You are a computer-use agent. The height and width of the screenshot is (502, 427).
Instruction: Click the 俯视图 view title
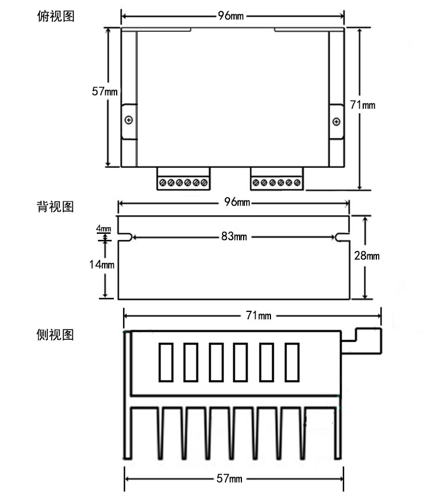(x=55, y=16)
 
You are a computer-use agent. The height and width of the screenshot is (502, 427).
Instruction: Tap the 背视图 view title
(x=55, y=206)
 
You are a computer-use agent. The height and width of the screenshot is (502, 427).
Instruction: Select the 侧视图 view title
(x=55, y=335)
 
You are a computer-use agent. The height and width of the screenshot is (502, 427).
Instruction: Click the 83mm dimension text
(x=233, y=237)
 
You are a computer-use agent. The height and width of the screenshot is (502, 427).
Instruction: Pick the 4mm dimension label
(x=104, y=229)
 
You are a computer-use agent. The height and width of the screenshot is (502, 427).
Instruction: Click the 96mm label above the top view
(x=231, y=16)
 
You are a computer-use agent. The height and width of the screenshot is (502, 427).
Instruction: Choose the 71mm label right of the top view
(x=362, y=105)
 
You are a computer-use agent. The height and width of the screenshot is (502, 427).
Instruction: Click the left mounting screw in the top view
(x=129, y=120)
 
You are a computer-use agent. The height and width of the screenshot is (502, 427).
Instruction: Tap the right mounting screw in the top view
(x=336, y=121)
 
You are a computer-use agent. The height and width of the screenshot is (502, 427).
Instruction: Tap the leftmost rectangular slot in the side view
(x=166, y=361)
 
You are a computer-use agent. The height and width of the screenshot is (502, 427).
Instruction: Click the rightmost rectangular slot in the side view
(x=291, y=361)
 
